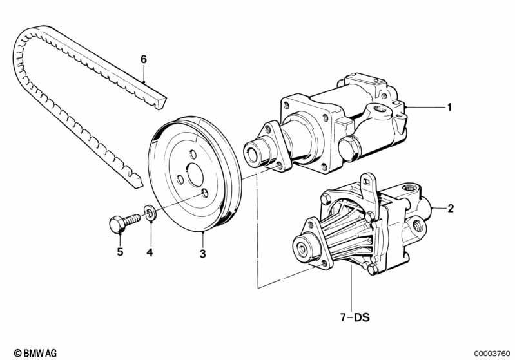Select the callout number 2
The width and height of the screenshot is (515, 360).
[451, 208]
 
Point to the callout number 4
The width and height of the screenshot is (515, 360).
[149, 253]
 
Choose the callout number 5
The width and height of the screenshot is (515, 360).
[119, 252]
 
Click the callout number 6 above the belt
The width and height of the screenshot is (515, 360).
[144, 60]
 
